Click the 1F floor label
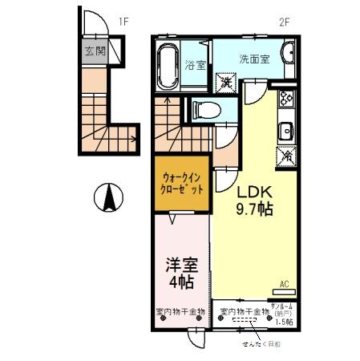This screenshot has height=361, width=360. [x=124, y=22]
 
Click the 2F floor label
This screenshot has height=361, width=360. [x=282, y=22]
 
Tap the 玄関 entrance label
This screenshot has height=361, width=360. [x=95, y=51]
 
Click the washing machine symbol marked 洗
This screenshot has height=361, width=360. [x=227, y=82]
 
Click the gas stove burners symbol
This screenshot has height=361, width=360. [x=286, y=100]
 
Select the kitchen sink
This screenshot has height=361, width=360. [x=286, y=129]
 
